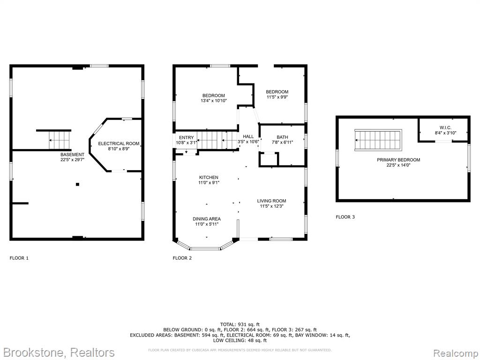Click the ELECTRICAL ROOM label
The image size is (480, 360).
[x=119, y=143]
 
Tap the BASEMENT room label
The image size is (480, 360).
[x=72, y=155]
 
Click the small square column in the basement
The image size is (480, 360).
[x=77, y=184]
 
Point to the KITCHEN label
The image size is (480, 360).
[x=209, y=178]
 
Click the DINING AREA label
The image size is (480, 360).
[x=207, y=219]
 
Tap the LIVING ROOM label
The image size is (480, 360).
[x=271, y=201]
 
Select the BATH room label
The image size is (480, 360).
[x=282, y=137]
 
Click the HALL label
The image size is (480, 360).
[x=248, y=136]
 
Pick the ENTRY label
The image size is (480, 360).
[x=187, y=138]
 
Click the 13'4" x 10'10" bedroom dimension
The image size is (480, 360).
[x=214, y=100]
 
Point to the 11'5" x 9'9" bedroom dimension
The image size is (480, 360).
[x=277, y=97]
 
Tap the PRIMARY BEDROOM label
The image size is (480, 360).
[x=398, y=160]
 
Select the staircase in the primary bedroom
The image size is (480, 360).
[x=378, y=140]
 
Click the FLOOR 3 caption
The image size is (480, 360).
[x=345, y=217]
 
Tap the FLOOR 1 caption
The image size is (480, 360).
[x=19, y=258]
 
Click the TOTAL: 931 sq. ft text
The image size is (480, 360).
[x=240, y=324]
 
